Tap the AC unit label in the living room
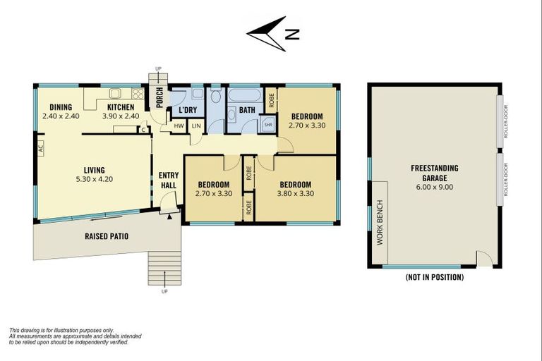(41, 149)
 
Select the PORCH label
(159, 97)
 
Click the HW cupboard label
(179, 126)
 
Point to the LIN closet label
(196, 126)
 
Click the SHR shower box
(268, 124)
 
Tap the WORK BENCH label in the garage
(380, 223)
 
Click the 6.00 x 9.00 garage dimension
(435, 188)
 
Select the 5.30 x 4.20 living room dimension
(95, 179)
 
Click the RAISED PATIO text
(107, 236)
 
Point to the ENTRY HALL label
(169, 180)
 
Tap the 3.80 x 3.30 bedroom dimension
(296, 193)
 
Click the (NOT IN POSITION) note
(435, 277)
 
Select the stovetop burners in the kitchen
(138, 93)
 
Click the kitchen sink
(115, 93)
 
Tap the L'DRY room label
(188, 110)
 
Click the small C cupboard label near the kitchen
(143, 130)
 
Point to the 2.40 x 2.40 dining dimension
(61, 116)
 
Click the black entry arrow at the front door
(169, 216)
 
